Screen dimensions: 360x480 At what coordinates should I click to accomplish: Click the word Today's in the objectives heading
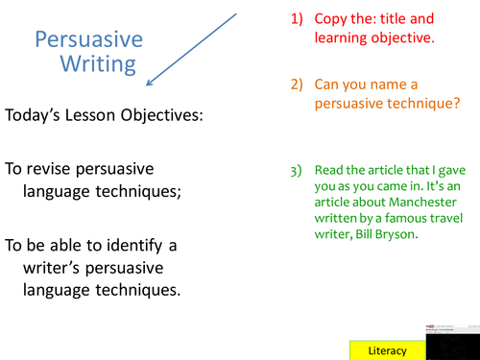[x=38, y=115]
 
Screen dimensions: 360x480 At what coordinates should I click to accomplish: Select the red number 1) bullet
[x=297, y=19]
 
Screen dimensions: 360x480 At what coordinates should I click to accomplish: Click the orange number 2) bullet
[x=297, y=85]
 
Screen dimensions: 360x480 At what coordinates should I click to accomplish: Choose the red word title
[x=396, y=19]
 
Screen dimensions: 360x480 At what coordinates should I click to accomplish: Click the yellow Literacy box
[x=388, y=350]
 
